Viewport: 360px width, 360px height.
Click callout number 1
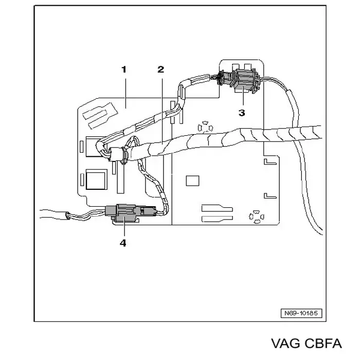point(124,69)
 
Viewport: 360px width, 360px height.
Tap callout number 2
point(161,69)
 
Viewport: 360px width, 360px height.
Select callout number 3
point(242,113)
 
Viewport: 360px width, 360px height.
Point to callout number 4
point(123,243)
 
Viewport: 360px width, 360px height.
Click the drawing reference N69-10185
point(301,313)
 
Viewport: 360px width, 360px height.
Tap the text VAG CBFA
point(307,344)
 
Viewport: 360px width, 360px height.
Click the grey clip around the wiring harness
point(124,155)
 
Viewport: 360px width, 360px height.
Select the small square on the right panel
point(192,181)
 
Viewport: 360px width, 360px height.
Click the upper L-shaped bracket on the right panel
point(270,162)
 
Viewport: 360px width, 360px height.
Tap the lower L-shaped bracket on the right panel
point(270,195)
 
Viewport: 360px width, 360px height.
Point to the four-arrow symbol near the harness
point(205,128)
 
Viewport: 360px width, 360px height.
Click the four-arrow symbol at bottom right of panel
point(257,217)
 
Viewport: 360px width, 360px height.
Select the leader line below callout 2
point(163,112)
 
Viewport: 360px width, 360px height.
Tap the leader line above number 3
point(243,96)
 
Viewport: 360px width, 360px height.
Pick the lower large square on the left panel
point(97,179)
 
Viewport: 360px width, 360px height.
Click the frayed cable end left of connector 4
point(68,216)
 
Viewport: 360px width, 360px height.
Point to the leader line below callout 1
point(125,93)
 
